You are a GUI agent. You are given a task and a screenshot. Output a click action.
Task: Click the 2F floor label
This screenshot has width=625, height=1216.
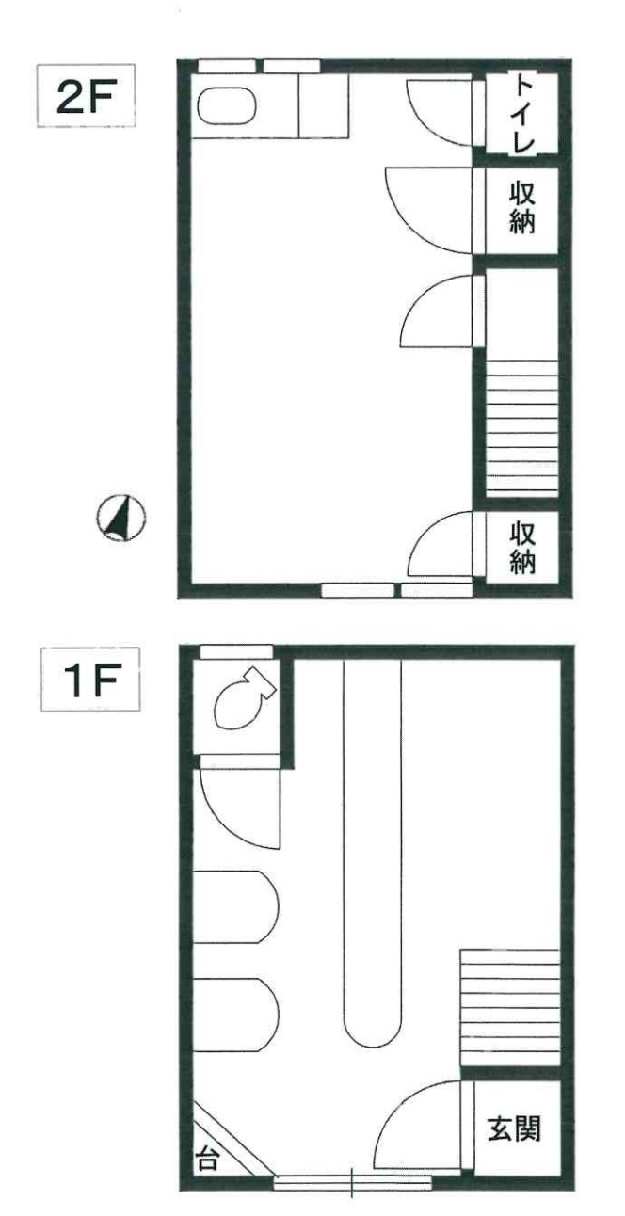click(x=86, y=96)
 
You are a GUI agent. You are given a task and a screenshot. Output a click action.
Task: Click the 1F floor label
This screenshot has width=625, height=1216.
click(x=90, y=680)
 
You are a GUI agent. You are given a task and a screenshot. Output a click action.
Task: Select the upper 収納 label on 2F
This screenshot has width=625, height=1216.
click(x=521, y=208)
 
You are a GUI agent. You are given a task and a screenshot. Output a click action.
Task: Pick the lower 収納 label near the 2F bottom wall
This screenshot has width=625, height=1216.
click(x=521, y=548)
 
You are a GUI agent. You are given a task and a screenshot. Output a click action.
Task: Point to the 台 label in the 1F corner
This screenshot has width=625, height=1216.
click(x=207, y=1158)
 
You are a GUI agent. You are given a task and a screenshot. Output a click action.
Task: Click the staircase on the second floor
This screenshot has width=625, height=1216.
click(x=521, y=428)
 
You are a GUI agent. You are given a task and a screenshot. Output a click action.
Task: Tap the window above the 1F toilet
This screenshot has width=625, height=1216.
click(x=236, y=651)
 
